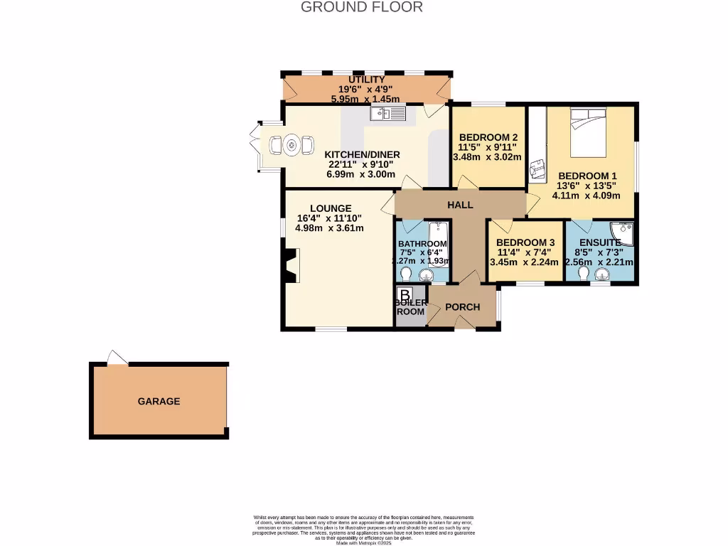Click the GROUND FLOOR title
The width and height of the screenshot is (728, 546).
click(362, 7)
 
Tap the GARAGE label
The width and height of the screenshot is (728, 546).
click(159, 401)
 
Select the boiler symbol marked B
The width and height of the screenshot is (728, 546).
click(405, 294)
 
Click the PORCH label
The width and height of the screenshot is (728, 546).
click(462, 307)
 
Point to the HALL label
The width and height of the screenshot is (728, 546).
click(460, 205)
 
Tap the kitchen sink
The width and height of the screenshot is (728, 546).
click(387, 113)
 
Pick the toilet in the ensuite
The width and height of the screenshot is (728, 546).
click(584, 275)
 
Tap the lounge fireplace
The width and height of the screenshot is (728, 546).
click(289, 266)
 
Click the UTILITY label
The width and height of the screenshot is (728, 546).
click(366, 80)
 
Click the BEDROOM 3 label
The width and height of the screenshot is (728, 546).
click(525, 242)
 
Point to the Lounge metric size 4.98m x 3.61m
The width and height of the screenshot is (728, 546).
click(330, 228)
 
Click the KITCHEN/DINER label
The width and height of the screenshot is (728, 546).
click(362, 154)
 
